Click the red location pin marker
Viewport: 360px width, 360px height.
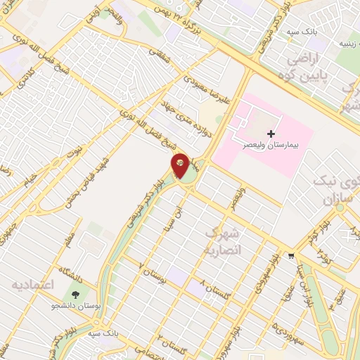pos(181,165)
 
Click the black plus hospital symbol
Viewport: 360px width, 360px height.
pos(270,133)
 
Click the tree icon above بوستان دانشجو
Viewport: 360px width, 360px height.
pos(74,294)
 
